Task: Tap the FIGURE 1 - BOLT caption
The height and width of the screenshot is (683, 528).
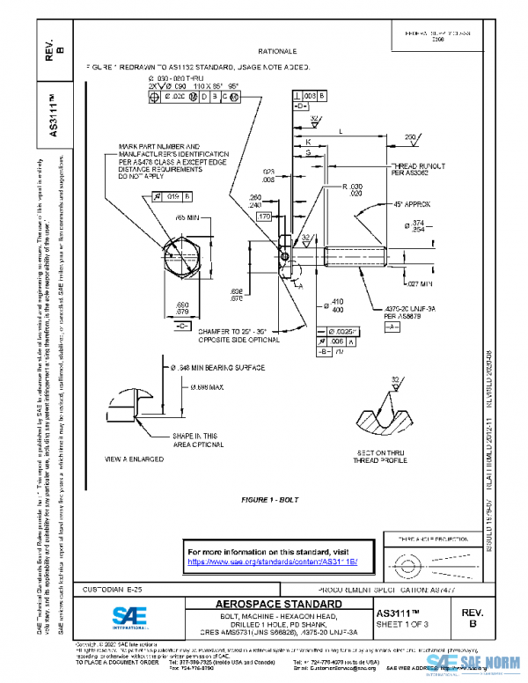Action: click(270, 500)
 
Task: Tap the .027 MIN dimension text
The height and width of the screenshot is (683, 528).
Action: click(418, 283)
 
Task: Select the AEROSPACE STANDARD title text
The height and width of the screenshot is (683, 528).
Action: click(267, 605)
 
